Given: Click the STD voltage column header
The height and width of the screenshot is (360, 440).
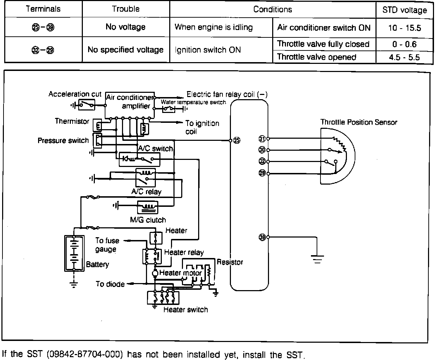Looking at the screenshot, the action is [404, 10].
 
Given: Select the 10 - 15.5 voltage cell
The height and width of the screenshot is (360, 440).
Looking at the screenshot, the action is [404, 28].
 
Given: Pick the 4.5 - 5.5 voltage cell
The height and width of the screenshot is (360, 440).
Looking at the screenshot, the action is [404, 57].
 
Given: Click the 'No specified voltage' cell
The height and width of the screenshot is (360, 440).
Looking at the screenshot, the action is [126, 50].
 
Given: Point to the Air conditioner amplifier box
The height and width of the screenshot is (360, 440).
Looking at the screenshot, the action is [130, 105].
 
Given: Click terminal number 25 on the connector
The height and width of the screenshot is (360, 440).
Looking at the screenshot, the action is [237, 140].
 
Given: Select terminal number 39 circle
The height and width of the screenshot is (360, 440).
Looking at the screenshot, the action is [262, 237].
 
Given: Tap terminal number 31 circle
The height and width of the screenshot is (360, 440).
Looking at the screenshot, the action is [262, 139].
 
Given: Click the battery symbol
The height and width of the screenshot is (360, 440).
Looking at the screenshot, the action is [74, 253].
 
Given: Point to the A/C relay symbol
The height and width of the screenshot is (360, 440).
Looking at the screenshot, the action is [145, 178].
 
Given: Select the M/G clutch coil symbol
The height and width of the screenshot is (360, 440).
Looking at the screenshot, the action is [147, 207].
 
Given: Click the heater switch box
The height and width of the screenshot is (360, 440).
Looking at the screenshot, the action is [163, 298].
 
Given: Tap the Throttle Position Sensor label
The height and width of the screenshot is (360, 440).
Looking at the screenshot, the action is [359, 122].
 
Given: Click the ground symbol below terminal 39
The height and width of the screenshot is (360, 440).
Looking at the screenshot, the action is [317, 259].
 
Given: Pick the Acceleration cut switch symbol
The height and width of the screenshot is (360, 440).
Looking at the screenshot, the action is [87, 105].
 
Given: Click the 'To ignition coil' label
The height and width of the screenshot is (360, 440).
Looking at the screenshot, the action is [202, 127].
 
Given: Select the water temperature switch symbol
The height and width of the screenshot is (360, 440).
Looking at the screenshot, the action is [169, 109].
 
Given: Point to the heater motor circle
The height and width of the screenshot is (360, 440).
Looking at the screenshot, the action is [155, 273].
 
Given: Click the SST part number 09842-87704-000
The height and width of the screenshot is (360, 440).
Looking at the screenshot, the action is [85, 354].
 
